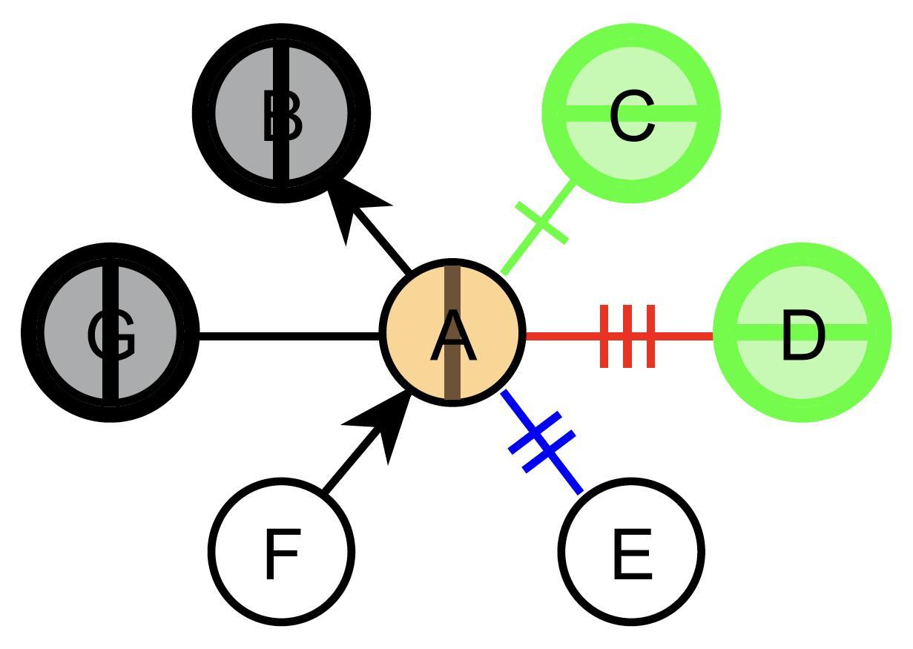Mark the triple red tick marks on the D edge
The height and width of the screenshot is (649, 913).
pos(627,336)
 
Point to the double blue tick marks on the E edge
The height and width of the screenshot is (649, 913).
pos(542,442)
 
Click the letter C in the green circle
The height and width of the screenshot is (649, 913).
pos(633,116)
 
